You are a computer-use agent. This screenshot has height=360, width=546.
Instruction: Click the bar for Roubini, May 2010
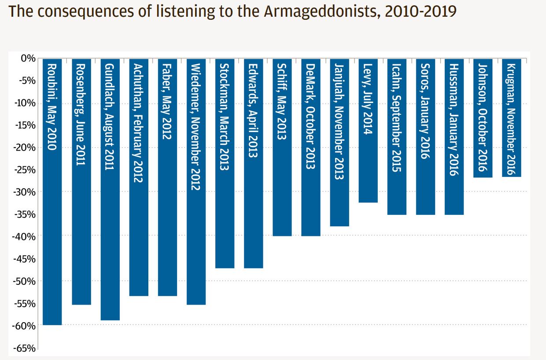[52, 191]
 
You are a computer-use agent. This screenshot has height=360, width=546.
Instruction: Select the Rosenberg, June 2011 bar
[81, 181]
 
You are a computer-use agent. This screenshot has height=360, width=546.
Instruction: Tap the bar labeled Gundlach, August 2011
[110, 189]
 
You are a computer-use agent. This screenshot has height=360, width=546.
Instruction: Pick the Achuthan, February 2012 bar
[139, 177]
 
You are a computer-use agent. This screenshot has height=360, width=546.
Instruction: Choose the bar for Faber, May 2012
[167, 177]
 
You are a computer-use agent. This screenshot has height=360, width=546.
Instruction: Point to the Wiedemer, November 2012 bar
[196, 181]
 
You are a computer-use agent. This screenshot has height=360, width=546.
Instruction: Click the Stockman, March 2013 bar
[225, 163]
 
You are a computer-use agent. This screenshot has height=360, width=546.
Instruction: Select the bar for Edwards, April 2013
[254, 163]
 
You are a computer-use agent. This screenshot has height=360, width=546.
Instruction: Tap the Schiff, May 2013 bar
[282, 147]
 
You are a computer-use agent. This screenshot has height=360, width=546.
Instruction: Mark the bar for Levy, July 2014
[368, 130]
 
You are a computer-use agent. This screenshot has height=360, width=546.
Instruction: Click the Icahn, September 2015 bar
[397, 136]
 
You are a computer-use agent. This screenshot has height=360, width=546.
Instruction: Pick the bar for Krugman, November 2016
[511, 118]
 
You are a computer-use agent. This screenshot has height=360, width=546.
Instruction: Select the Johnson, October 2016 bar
[483, 118]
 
